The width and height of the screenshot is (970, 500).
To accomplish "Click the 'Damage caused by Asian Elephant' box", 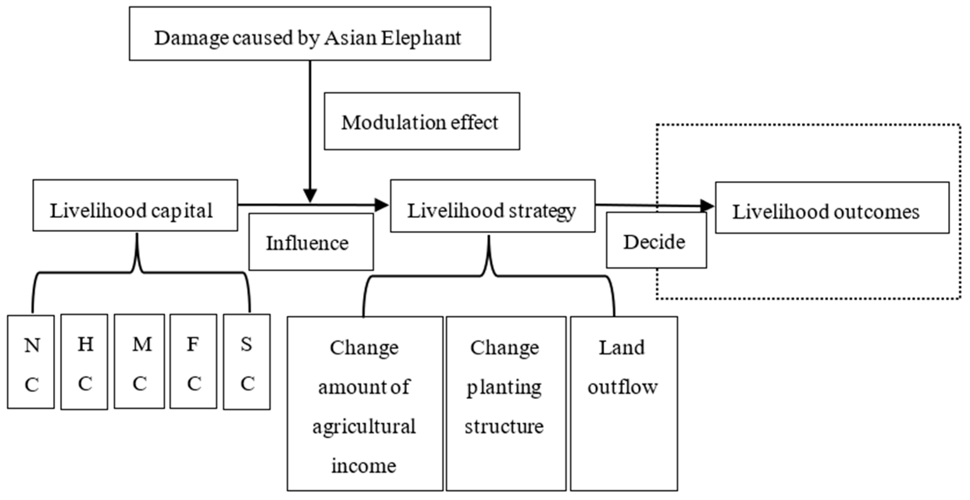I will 309,34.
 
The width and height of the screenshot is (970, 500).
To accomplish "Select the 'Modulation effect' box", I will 422,121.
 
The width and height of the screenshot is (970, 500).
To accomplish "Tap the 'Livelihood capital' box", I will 135,205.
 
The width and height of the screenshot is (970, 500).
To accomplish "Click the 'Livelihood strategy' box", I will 492,206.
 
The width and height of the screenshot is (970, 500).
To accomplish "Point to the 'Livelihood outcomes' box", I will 832,208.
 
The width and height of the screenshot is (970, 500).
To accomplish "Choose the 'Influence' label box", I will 311,242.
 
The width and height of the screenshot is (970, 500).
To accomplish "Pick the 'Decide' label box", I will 656,240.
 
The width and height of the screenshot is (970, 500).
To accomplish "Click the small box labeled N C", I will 31,362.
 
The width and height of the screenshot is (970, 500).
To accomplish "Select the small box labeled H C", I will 84,362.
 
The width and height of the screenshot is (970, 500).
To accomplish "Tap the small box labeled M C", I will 139,362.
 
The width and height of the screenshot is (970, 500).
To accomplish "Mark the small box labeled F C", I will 193,362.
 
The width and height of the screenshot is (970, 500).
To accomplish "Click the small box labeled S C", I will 247,362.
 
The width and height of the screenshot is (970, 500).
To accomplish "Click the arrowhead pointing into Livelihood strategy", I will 382,205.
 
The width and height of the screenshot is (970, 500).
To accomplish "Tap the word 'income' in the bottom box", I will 364,466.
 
